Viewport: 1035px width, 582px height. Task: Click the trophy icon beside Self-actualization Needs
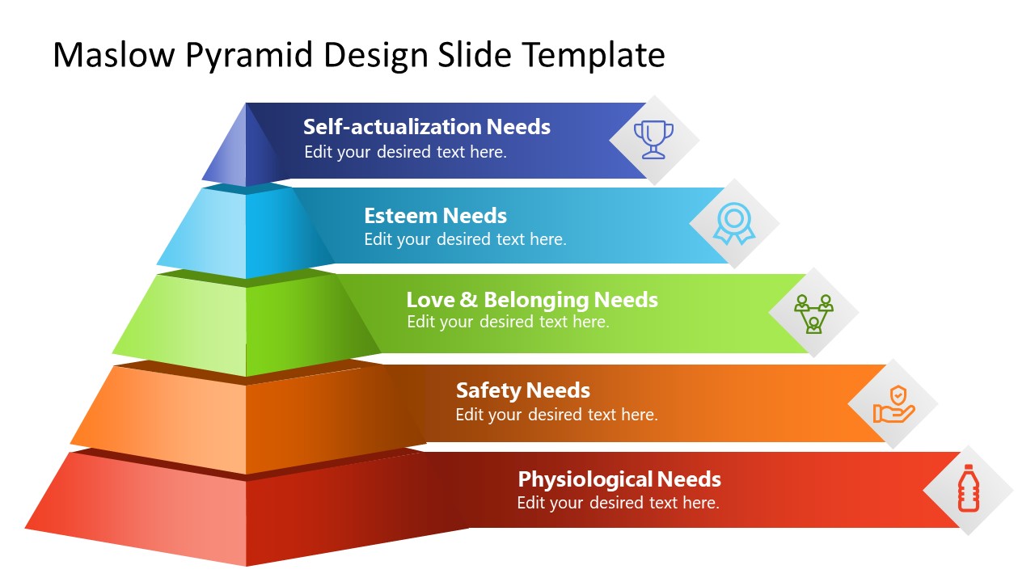click(653, 139)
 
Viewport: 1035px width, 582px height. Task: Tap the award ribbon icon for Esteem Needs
click(733, 223)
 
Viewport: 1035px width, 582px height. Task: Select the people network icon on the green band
click(813, 313)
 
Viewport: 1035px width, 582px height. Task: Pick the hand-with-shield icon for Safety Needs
click(893, 403)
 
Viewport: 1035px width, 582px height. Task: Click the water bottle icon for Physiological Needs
click(968, 488)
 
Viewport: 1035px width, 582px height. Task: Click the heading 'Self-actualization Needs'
click(426, 127)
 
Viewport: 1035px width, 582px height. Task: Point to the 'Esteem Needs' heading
click(435, 216)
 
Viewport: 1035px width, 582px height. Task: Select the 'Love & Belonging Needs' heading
click(531, 300)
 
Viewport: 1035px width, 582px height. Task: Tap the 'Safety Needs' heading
click(522, 390)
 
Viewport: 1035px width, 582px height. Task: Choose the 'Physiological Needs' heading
click(619, 479)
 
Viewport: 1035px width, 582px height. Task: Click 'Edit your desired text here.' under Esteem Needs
click(465, 239)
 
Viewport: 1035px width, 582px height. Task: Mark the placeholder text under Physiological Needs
click(618, 503)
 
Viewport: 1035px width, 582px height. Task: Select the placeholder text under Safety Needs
click(556, 415)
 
